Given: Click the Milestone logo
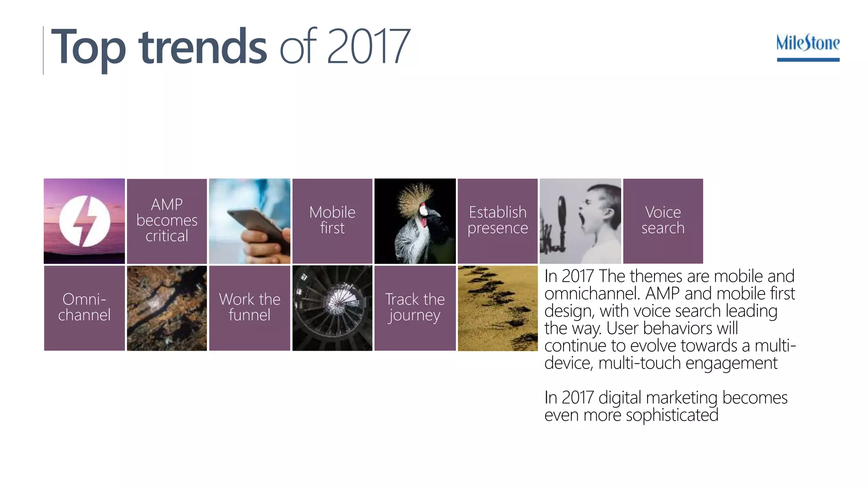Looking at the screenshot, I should tap(808, 46).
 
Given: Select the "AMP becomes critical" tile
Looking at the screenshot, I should tap(167, 221).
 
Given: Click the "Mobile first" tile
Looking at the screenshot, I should tap(332, 221).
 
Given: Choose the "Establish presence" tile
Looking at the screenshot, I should tap(498, 221).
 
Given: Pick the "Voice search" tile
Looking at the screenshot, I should tap(663, 221).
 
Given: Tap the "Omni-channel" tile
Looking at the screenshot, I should tap(84, 308).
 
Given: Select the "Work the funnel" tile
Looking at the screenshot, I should tap(250, 308).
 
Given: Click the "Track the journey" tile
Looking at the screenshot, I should tap(415, 308).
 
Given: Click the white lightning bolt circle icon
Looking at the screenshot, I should tap(85, 221).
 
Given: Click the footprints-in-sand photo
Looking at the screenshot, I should tap(498, 308).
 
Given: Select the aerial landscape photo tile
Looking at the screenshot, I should tap(167, 308).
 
